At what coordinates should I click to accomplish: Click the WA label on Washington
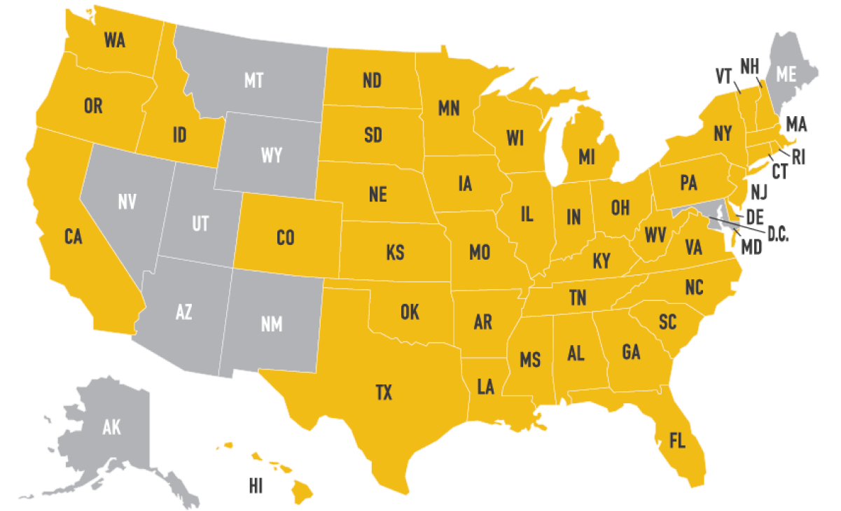pyautogui.click(x=114, y=41)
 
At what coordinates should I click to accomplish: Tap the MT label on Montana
pyautogui.click(x=253, y=80)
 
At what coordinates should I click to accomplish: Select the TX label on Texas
pyautogui.click(x=384, y=393)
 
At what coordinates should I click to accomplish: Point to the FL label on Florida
pyautogui.click(x=676, y=441)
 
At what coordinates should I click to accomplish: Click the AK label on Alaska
pyautogui.click(x=111, y=427)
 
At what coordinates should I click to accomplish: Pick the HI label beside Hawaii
pyautogui.click(x=256, y=487)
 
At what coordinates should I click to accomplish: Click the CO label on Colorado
pyautogui.click(x=285, y=238)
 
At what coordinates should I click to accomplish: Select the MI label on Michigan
pyautogui.click(x=587, y=156)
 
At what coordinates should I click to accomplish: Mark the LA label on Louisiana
pyautogui.click(x=485, y=386)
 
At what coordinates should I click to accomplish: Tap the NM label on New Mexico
pyautogui.click(x=272, y=325)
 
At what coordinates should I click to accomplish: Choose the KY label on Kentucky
pyautogui.click(x=602, y=261)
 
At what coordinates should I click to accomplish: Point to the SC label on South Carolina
pyautogui.click(x=667, y=322)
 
